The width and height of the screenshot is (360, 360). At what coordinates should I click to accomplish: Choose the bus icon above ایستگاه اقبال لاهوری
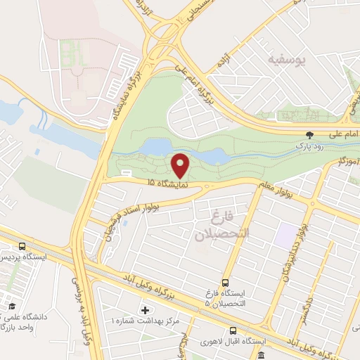tap(233, 330)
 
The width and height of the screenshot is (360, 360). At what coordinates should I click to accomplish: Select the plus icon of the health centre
tap(146, 309)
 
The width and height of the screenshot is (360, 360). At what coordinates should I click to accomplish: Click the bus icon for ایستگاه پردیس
tap(22, 246)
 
